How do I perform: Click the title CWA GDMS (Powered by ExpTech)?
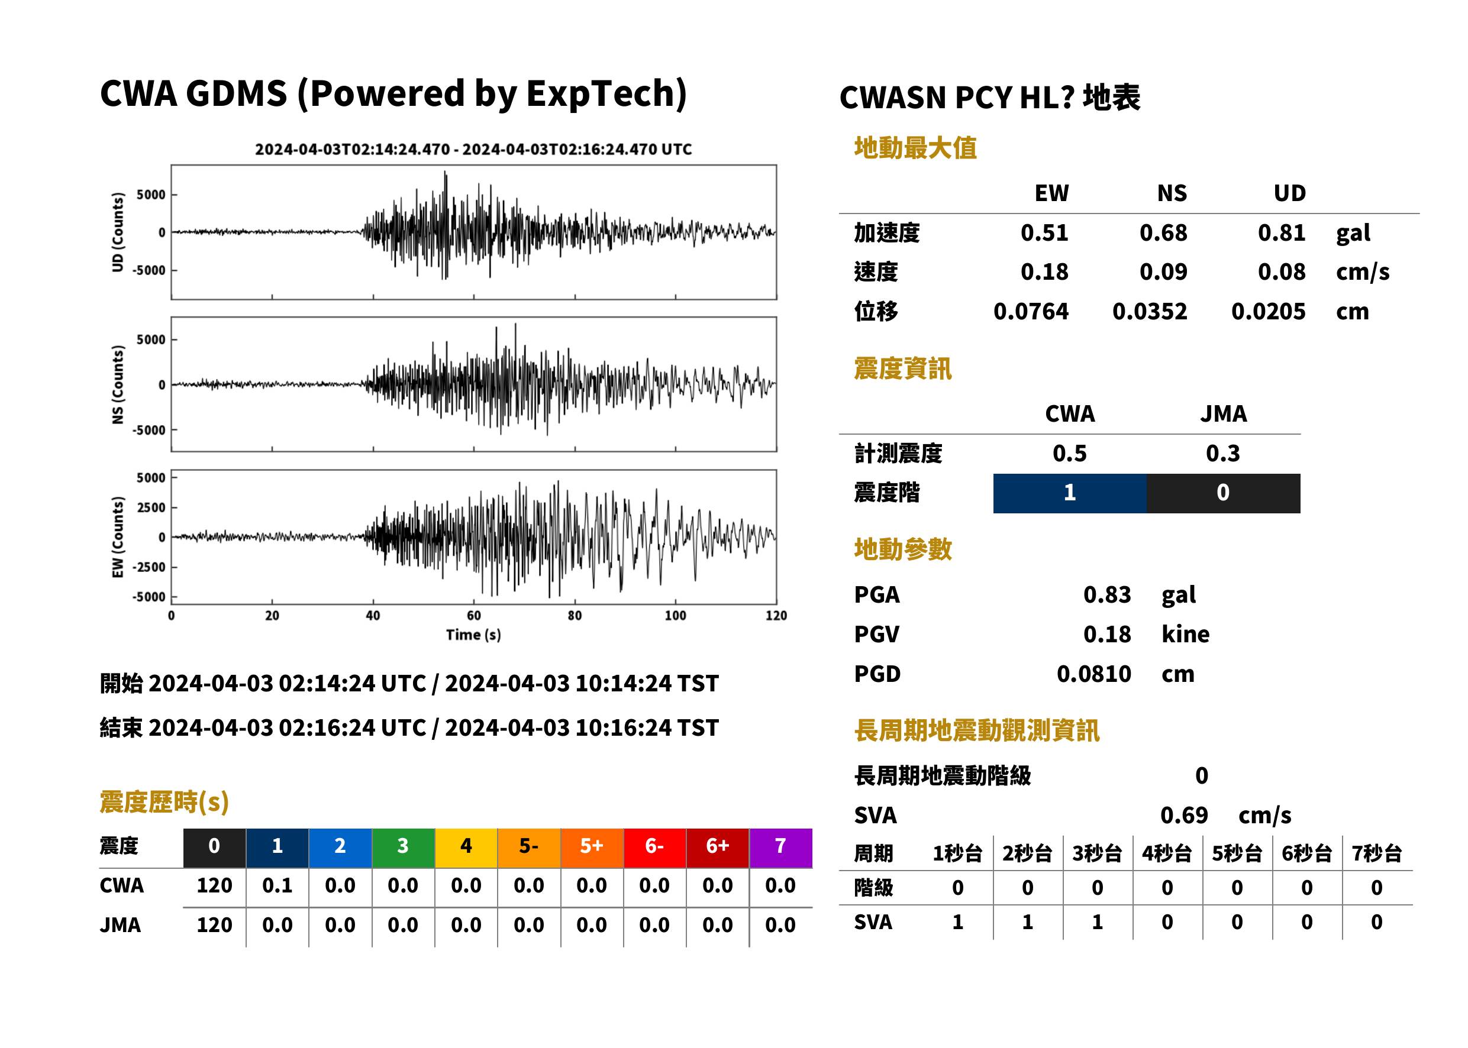pos(393,93)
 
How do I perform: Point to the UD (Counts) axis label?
pos(118,232)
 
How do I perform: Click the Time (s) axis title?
pos(473,635)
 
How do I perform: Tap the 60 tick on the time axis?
pos(473,616)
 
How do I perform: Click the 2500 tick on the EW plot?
pos(151,507)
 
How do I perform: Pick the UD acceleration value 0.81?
pos(1282,233)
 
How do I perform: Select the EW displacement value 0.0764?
pos(1030,312)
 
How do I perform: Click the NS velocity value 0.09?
pos(1163,272)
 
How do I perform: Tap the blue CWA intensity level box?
pos(1070,494)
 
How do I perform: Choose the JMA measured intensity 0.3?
pos(1222,454)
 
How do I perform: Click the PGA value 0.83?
pos(1106,595)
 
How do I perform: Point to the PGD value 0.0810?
pos(1093,674)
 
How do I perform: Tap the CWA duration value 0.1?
pos(278,886)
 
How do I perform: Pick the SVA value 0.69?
pos(1184,816)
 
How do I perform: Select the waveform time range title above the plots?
pos(473,150)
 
